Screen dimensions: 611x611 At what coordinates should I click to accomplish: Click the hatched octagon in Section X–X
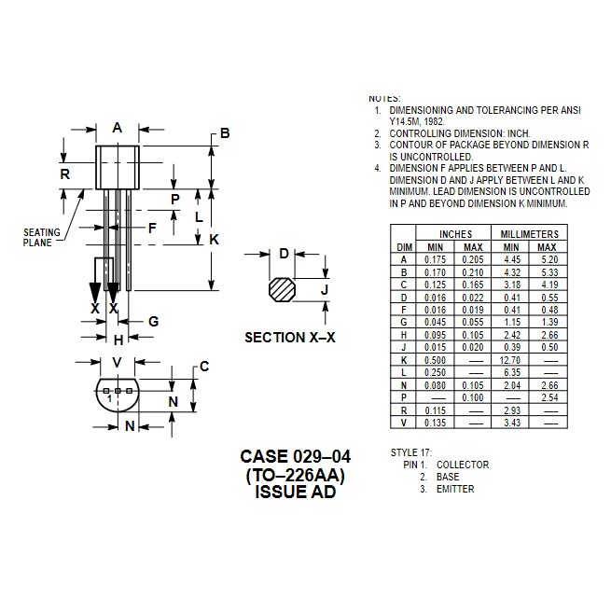click(282, 289)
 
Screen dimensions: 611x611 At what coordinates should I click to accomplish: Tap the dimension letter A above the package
click(118, 128)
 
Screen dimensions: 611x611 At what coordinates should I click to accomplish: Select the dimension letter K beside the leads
click(214, 239)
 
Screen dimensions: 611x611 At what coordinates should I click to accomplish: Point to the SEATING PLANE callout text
click(42, 237)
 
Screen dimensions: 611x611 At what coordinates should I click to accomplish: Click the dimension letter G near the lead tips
click(154, 322)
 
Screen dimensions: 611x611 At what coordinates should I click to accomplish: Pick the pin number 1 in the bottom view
click(110, 398)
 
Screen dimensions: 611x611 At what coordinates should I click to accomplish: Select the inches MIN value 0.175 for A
click(435, 259)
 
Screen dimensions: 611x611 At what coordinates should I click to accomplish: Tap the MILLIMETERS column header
click(529, 234)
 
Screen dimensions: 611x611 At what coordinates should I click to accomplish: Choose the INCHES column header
click(455, 234)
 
